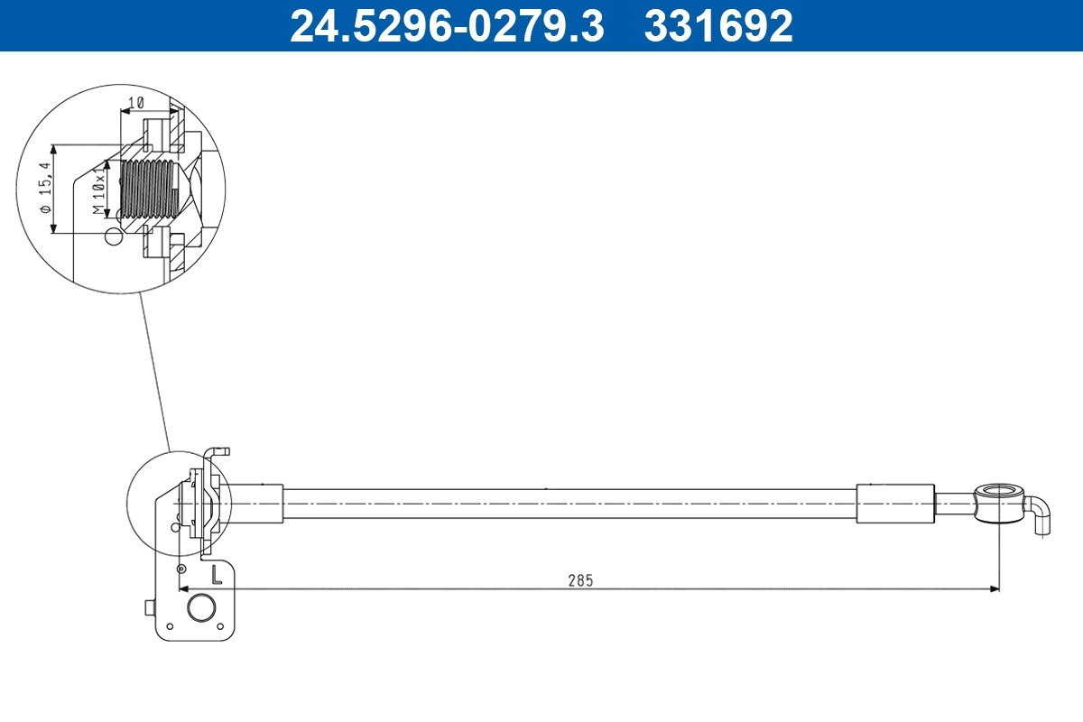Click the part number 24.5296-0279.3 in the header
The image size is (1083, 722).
click(x=446, y=26)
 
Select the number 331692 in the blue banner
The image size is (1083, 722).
click(x=717, y=26)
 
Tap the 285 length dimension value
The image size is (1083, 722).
click(x=580, y=580)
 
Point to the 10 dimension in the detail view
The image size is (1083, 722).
click(x=135, y=104)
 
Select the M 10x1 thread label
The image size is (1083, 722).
click(x=99, y=190)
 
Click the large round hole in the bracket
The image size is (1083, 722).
click(x=200, y=607)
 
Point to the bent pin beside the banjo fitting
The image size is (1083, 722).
click(x=1041, y=517)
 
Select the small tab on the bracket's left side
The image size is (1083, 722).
click(x=149, y=608)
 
